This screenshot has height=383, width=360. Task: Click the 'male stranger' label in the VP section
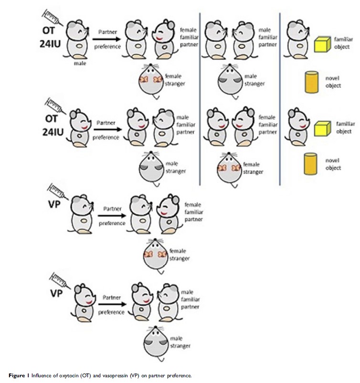click(x=183, y=342)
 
